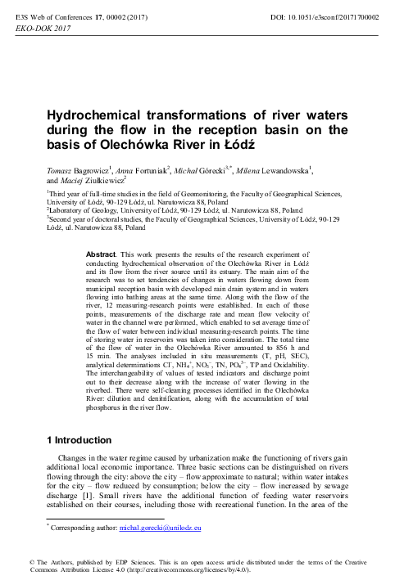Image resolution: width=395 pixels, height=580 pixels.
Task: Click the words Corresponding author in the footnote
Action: [x=83, y=530]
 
